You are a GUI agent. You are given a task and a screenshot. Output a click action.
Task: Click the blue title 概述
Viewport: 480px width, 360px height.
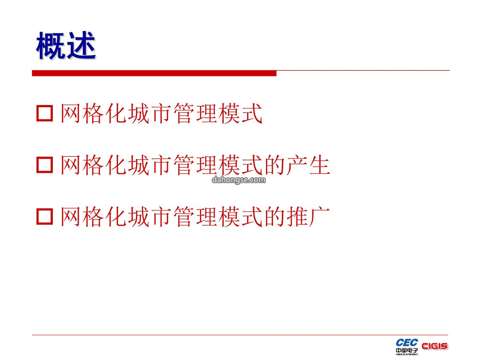(x=66, y=46)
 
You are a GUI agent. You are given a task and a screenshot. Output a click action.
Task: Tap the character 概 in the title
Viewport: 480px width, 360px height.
(x=51, y=46)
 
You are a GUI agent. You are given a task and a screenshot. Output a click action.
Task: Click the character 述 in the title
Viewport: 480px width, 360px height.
(x=81, y=46)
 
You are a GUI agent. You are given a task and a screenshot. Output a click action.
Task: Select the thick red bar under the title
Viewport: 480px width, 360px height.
(x=154, y=73)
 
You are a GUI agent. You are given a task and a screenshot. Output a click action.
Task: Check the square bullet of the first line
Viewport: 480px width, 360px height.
(x=45, y=113)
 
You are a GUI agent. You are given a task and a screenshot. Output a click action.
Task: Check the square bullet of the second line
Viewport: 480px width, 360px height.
(x=45, y=165)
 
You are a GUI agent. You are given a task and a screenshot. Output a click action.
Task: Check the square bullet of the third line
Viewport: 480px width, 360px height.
(x=45, y=216)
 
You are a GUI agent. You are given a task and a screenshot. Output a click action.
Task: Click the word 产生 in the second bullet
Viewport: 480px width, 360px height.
(x=308, y=165)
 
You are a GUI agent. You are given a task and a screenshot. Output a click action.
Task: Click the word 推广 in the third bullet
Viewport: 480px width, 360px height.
(x=308, y=217)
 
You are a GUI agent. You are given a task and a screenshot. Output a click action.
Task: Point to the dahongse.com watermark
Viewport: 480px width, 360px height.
(x=239, y=180)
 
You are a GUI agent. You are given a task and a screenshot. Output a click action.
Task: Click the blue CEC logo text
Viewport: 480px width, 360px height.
(x=407, y=343)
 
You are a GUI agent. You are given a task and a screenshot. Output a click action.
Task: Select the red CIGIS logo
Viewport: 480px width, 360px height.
(x=435, y=346)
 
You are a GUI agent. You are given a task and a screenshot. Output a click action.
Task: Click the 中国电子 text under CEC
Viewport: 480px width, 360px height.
(x=407, y=351)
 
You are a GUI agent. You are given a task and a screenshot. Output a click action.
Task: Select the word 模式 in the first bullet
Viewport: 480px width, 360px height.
(x=240, y=114)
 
